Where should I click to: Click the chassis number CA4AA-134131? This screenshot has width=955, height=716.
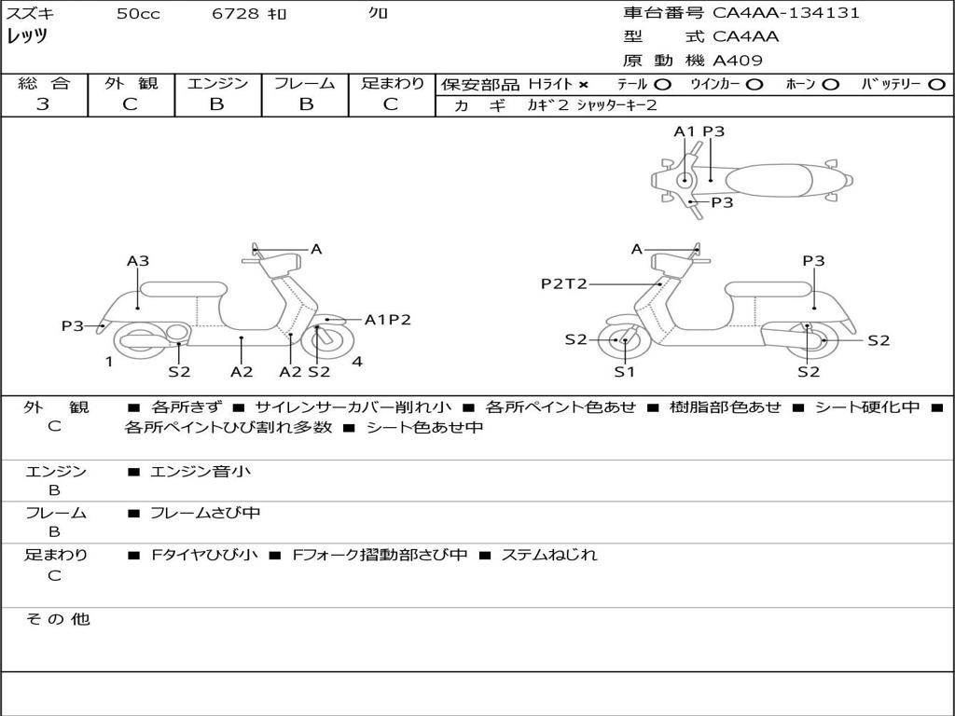pos(785,12)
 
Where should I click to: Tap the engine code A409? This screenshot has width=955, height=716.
pos(737,61)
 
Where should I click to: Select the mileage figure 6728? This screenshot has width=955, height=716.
pos(235,13)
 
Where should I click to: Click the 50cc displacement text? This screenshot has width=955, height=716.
pos(138,13)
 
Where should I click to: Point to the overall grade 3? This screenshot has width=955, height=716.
pos(43,103)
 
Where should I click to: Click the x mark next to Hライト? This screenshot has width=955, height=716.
pos(584,85)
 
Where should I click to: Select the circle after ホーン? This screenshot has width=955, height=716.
pos(830,85)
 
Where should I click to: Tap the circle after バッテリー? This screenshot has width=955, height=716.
pos(937,85)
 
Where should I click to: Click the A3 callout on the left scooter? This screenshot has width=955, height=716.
pos(138,261)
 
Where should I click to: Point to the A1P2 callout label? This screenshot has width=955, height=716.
pos(387,320)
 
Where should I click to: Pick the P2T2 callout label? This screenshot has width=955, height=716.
pos(564,283)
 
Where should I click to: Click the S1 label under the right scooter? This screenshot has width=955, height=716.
pos(624,371)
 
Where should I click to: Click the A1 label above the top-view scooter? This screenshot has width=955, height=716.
pos(684,131)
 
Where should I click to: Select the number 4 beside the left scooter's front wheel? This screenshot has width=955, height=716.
pos(357,362)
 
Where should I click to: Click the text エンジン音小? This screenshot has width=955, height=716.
pos(201,471)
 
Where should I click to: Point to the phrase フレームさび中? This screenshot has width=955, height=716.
pos(205,514)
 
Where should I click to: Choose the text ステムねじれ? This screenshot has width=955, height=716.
pos(548,555)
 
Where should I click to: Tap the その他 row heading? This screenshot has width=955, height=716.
pos(58,619)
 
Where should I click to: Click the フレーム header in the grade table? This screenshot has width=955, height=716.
pos(305,83)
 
